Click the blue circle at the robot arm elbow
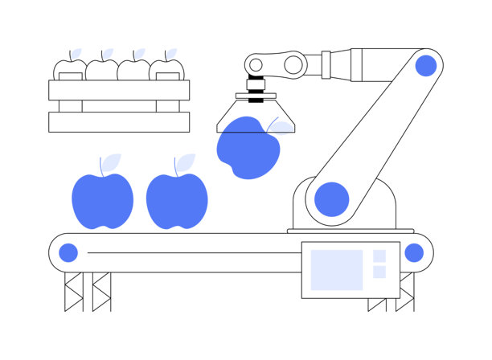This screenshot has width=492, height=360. (x=425, y=66)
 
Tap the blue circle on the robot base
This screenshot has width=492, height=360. (x=331, y=198)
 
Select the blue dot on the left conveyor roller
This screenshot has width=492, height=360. (x=68, y=253)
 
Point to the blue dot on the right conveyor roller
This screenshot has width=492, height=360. (x=413, y=253)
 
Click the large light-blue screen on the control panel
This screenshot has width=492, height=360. (x=336, y=269)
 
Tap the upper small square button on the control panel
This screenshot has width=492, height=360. (x=379, y=256)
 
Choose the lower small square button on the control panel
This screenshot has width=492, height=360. (x=379, y=272)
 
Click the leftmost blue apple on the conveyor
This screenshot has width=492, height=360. (x=102, y=201)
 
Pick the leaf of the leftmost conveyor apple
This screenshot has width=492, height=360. (x=110, y=162)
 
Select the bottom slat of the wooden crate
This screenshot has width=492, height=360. (x=119, y=122)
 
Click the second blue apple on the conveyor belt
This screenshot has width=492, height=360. (x=177, y=201)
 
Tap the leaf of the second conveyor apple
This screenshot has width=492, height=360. (x=184, y=162)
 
